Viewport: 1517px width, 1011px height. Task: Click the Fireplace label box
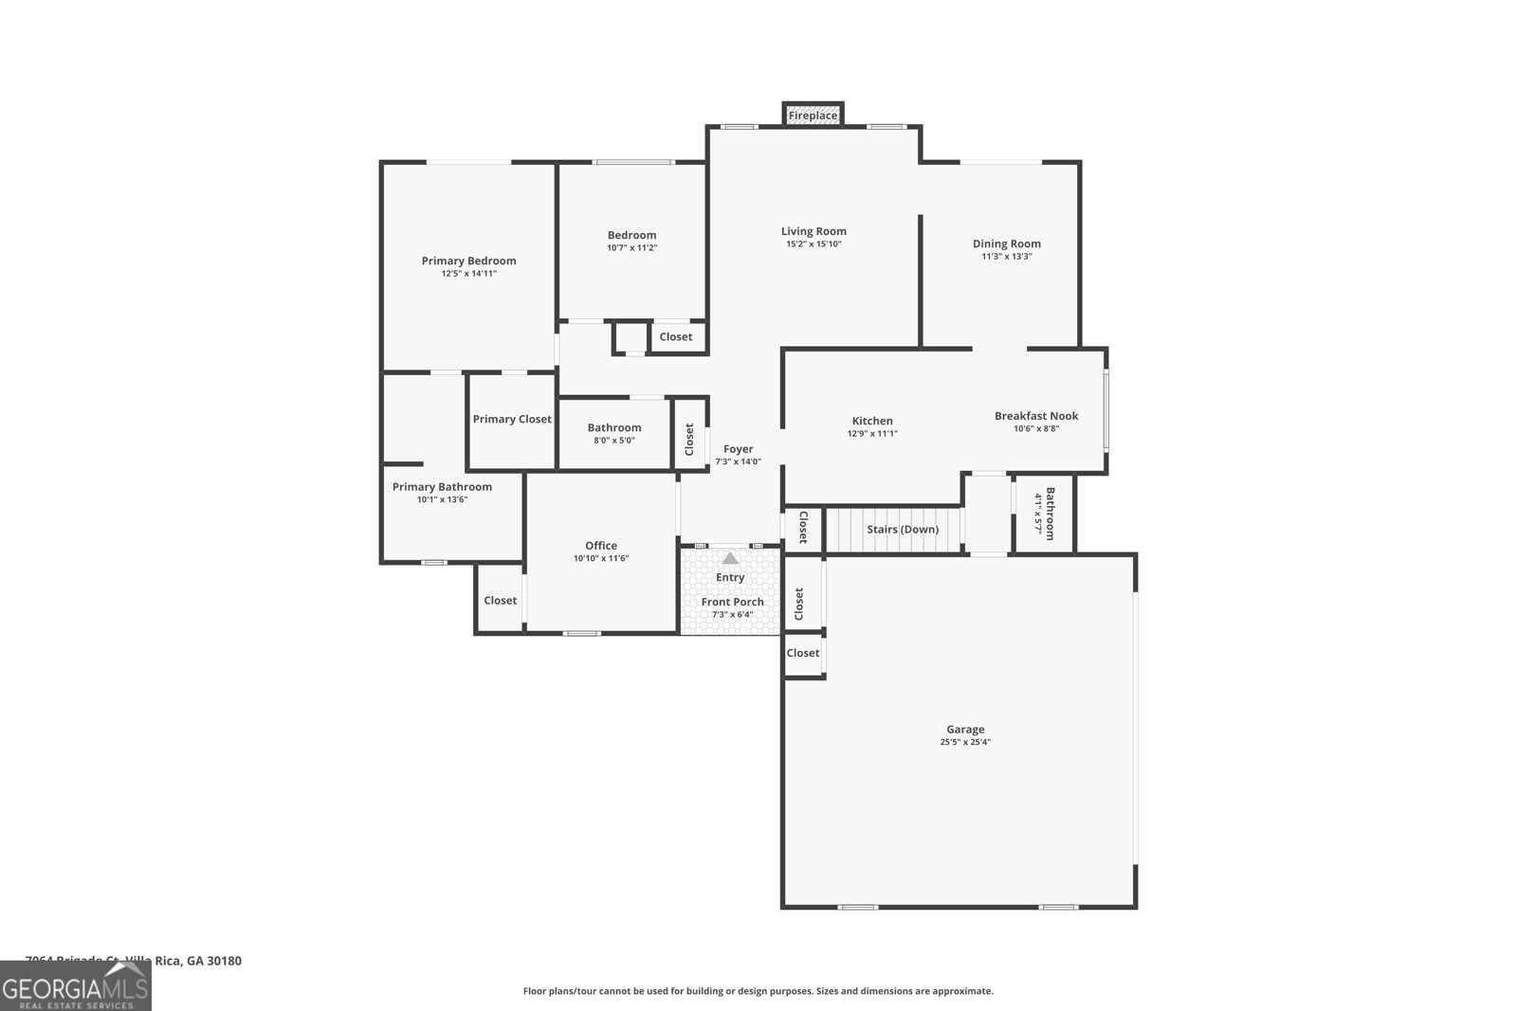coord(813,116)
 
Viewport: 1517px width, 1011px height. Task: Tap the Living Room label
coord(813,231)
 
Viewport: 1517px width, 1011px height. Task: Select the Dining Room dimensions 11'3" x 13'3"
coord(1006,257)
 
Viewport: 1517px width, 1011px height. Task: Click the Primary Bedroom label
coord(468,261)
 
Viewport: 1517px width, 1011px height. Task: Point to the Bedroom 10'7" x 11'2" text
coord(631,248)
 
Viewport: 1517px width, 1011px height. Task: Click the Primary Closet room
coord(512,420)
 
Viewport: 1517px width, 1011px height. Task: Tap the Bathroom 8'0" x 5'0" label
coord(614,428)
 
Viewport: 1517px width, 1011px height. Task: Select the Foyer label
coord(738,449)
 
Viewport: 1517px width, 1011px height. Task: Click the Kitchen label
coord(871,421)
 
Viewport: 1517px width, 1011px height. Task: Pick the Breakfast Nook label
coord(1035,416)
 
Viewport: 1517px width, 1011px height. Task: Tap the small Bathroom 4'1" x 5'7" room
coord(1045,514)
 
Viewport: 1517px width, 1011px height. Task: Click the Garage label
coord(964,730)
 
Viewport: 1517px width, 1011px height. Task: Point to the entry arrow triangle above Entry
coord(730,559)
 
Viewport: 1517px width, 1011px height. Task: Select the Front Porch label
coord(732,602)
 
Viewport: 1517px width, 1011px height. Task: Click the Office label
coord(600,546)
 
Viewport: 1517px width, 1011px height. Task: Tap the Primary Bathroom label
coord(442,487)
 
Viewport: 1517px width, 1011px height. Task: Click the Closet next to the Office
coord(500,601)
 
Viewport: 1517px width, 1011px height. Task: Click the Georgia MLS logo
coord(76,986)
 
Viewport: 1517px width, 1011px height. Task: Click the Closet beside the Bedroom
coord(676,337)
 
